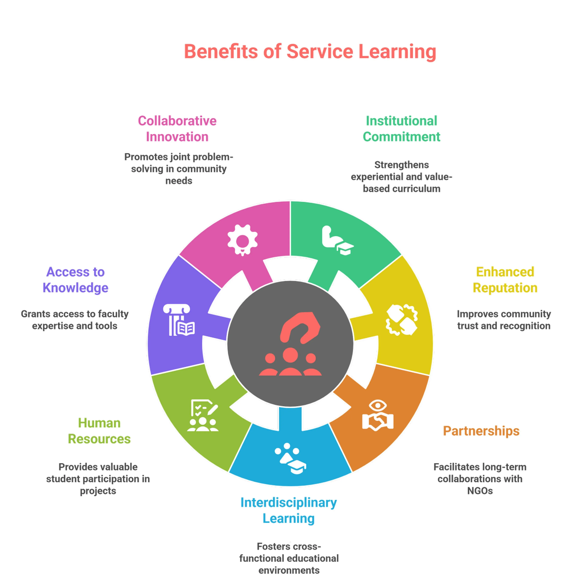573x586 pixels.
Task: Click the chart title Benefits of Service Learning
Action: pos(310,52)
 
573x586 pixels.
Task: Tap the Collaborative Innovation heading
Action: pos(177,129)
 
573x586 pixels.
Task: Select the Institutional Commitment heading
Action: pos(401,129)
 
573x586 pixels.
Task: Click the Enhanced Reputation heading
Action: pos(505,280)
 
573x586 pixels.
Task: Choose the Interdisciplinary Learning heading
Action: pos(289,511)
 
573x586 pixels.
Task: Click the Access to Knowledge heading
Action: pos(75,280)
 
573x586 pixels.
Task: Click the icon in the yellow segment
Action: pos(402,320)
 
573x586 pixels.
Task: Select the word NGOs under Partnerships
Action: pos(480,491)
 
